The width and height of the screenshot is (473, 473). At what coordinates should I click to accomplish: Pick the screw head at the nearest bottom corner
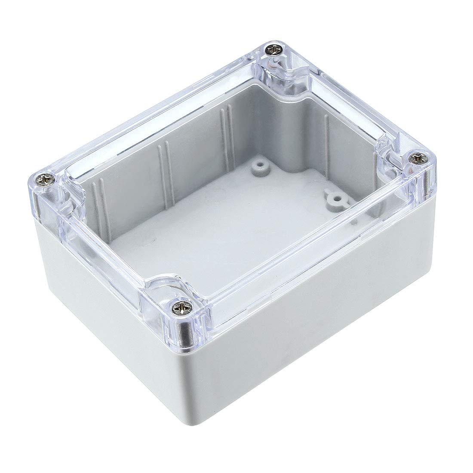tap(179, 307)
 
